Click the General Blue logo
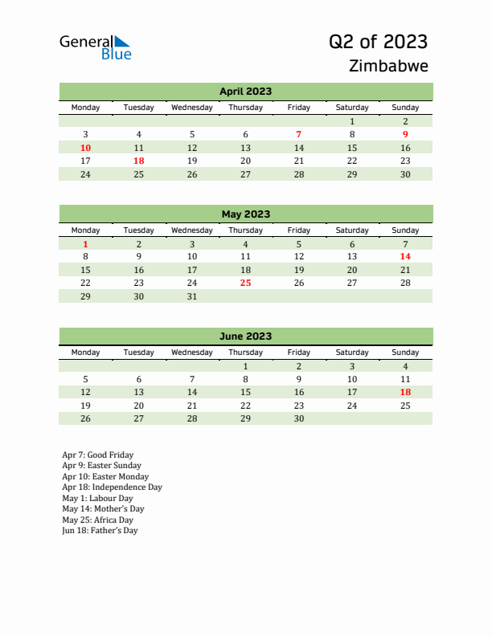[x=95, y=47]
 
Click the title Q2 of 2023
[x=378, y=42]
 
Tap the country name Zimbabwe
[x=389, y=66]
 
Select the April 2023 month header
[x=245, y=92]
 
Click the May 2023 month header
[x=245, y=214]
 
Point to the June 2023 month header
[x=245, y=336]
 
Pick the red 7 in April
[x=298, y=134]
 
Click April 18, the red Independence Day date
[x=138, y=161]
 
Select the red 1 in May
[x=86, y=244]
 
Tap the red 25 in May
[x=245, y=283]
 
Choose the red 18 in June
[x=405, y=392]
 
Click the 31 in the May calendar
[x=191, y=296]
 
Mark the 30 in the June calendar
[x=298, y=418]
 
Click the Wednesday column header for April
[x=191, y=108]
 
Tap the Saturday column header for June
[x=351, y=353]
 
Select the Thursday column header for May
[x=245, y=230]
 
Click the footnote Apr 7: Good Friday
[x=97, y=455]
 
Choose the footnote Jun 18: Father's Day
[x=100, y=531]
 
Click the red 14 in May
[x=405, y=257]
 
